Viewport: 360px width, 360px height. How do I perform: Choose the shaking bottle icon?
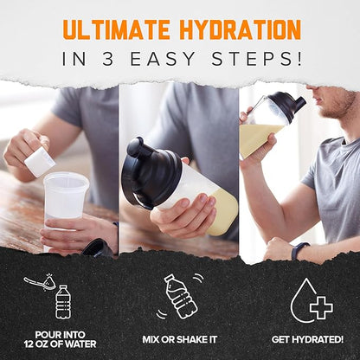[x=180, y=294]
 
